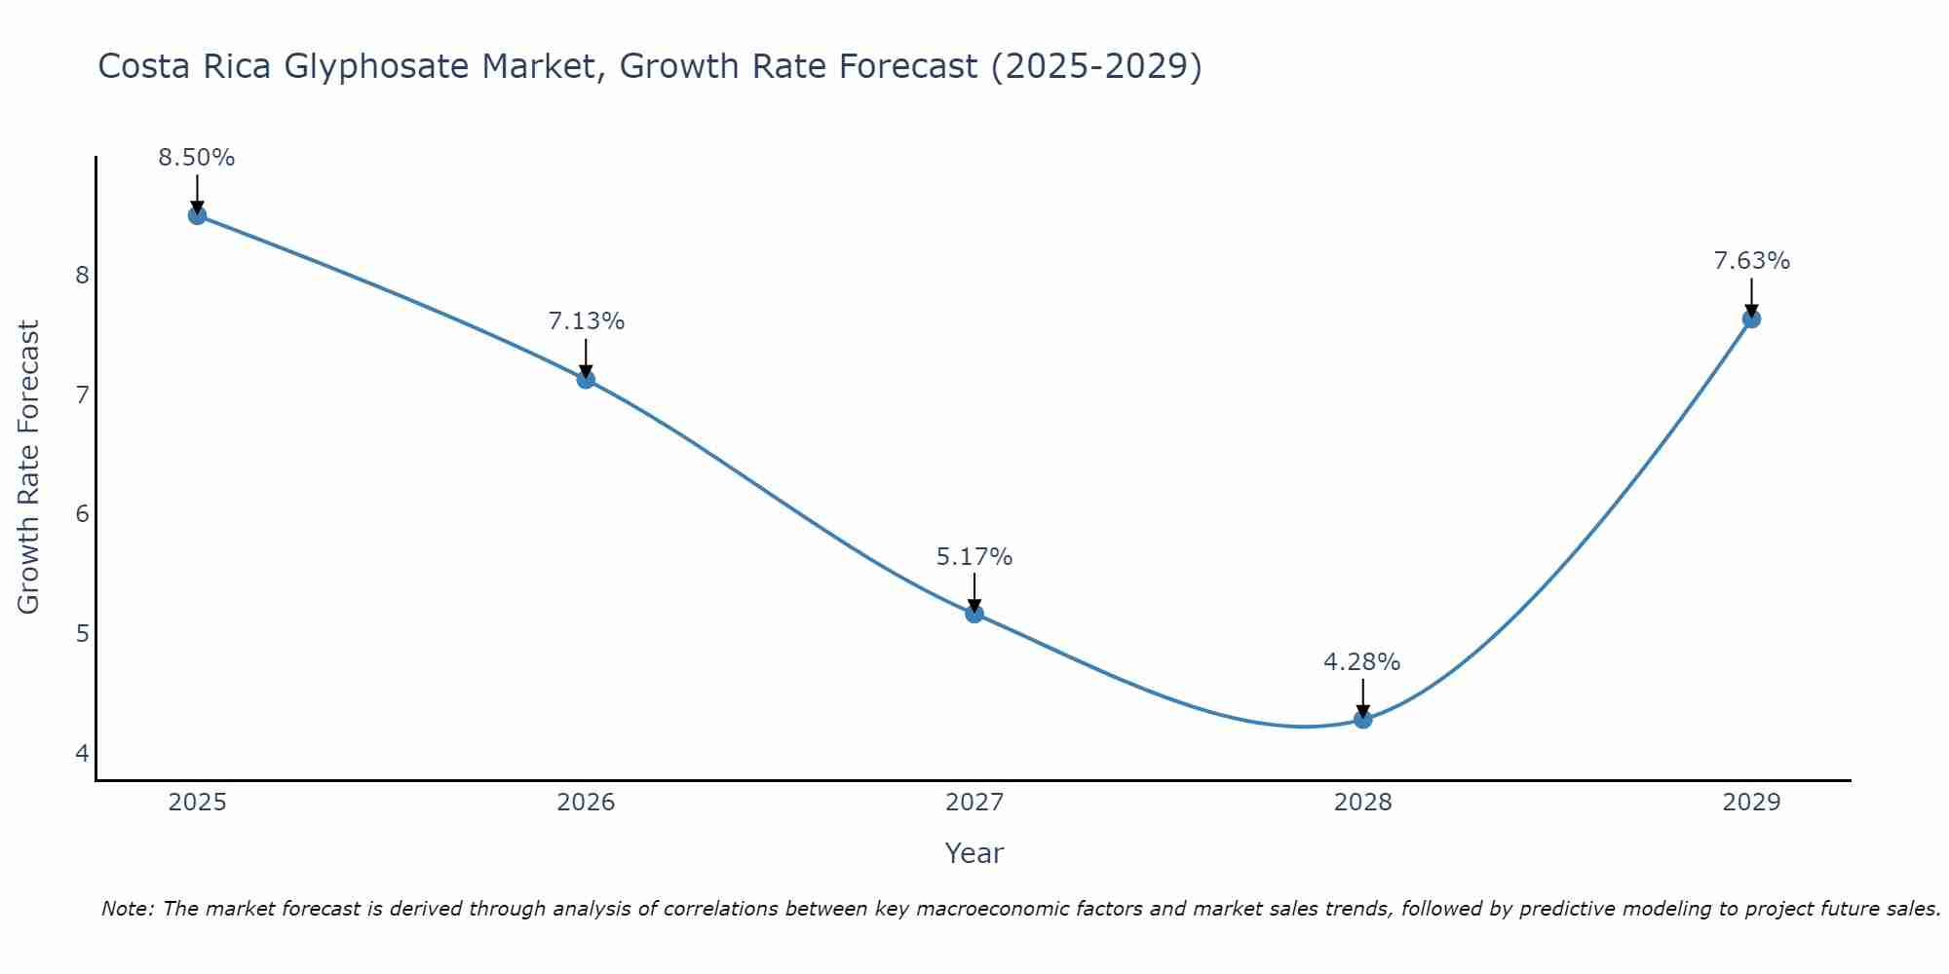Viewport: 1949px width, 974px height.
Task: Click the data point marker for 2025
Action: point(197,215)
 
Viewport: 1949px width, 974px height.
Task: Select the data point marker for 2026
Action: point(586,379)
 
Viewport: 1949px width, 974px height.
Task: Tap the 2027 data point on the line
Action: point(974,614)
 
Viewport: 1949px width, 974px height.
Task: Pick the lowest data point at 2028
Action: point(1362,720)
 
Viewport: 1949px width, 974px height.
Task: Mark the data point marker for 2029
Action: point(1751,318)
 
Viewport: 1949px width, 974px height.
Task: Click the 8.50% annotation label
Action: point(197,158)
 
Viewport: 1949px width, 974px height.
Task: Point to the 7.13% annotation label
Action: point(586,321)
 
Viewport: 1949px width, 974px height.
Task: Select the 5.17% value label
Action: point(974,557)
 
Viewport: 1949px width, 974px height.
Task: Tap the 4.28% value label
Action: point(1362,662)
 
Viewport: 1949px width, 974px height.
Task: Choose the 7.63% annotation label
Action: point(1751,261)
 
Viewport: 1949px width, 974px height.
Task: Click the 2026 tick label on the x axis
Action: point(586,803)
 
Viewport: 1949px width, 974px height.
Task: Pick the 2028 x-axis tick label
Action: point(1362,803)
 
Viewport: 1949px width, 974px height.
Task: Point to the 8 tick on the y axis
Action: point(82,275)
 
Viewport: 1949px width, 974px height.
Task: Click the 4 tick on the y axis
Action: point(82,753)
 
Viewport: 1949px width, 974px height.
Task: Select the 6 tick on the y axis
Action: point(82,514)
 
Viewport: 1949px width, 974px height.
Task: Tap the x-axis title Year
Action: point(974,853)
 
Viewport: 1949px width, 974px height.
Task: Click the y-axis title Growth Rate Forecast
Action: point(29,468)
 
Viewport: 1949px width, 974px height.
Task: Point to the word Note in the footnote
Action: point(127,909)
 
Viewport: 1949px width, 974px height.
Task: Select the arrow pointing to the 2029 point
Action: point(1751,296)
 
